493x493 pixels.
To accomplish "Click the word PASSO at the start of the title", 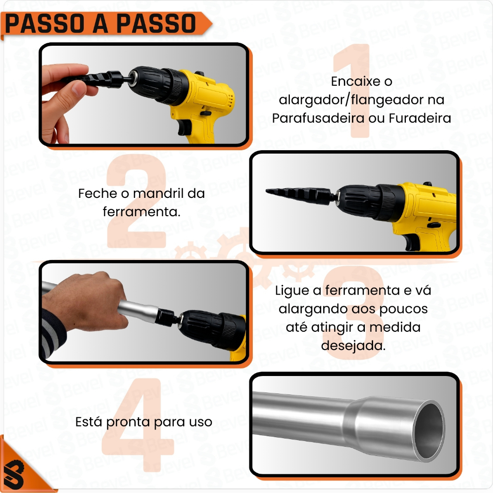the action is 44,24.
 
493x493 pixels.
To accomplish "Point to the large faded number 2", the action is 136,201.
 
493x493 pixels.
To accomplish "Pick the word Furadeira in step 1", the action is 420,118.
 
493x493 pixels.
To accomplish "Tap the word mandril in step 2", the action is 158,194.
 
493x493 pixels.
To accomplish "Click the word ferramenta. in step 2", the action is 142,212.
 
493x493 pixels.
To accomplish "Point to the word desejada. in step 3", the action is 353,346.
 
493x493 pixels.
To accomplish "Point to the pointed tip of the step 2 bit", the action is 267,191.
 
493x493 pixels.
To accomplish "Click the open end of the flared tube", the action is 429,428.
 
